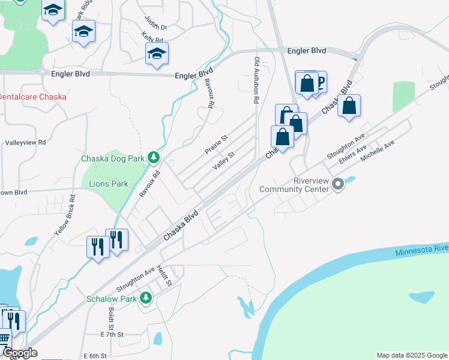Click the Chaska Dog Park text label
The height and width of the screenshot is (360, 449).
click(x=113, y=158)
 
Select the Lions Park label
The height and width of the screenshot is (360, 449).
click(x=109, y=184)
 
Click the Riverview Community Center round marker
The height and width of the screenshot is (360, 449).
click(x=337, y=184)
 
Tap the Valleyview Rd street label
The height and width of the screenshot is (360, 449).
click(x=25, y=143)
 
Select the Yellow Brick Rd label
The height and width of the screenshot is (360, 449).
click(x=65, y=214)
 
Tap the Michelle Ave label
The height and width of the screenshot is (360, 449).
click(x=377, y=152)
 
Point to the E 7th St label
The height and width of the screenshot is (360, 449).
click(x=112, y=334)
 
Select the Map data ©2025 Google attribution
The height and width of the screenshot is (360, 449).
click(x=411, y=355)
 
